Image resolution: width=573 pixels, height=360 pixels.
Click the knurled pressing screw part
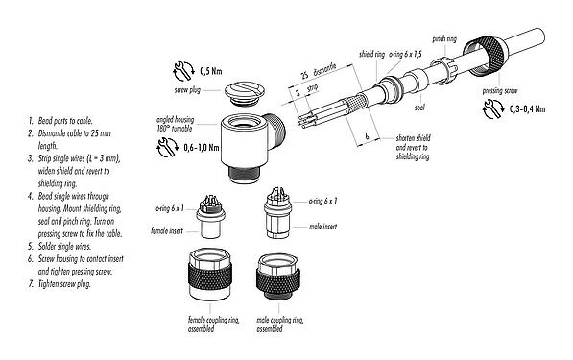pyautogui.click(x=495, y=67)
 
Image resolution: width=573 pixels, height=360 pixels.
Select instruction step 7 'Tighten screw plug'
pyautogui.click(x=59, y=285)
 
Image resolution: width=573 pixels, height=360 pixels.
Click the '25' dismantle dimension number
pyautogui.click(x=303, y=73)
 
